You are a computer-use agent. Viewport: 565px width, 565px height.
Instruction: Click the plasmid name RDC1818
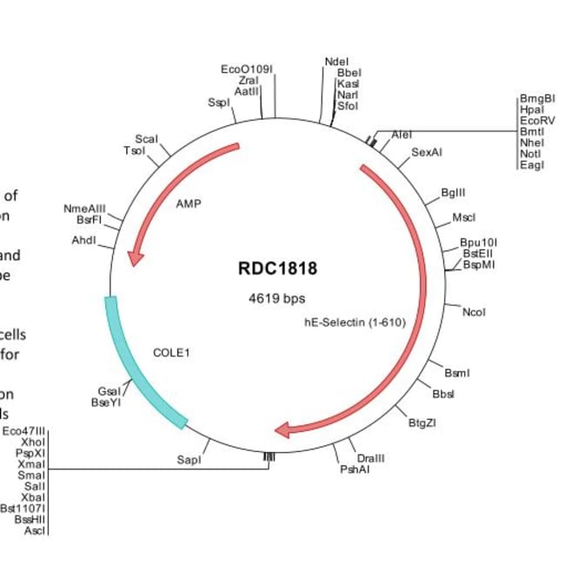[x=277, y=269]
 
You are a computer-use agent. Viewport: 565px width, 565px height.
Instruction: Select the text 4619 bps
[x=277, y=298]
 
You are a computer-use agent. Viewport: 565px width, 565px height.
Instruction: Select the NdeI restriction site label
[x=336, y=62]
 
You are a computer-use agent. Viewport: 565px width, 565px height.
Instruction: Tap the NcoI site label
[x=474, y=311]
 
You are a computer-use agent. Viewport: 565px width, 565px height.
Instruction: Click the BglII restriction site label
[x=454, y=191]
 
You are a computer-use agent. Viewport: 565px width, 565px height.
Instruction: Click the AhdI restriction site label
[x=83, y=240]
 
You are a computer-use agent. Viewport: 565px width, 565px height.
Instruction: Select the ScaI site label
[x=146, y=139]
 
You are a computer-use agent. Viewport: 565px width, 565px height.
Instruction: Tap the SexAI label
[x=427, y=152]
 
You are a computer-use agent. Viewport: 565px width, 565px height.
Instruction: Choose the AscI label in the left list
[x=35, y=529]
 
